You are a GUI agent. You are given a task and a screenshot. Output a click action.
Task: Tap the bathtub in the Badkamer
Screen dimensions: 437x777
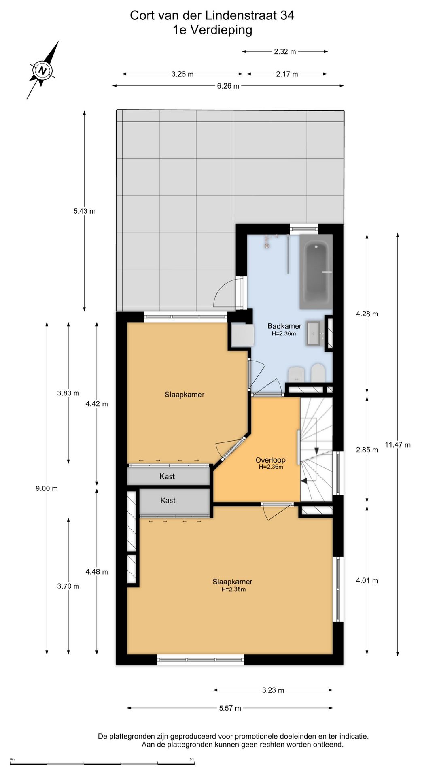316,272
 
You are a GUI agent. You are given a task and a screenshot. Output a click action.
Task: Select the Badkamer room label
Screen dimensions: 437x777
284,326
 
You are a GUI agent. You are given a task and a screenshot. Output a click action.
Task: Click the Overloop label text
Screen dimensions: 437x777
271,460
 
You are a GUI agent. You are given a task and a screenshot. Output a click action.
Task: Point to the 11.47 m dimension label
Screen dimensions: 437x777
398,445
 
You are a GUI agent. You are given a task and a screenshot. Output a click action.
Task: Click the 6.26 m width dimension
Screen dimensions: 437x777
228,86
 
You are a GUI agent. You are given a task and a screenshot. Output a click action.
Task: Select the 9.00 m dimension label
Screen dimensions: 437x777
47,488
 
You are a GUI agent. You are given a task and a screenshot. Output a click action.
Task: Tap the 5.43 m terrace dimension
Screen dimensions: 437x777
85,211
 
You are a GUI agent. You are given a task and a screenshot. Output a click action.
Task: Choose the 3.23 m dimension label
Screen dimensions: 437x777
273,690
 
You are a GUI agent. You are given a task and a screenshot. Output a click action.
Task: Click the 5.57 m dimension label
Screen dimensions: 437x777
230,708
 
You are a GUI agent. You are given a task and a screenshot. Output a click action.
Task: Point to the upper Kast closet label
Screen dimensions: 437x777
167,477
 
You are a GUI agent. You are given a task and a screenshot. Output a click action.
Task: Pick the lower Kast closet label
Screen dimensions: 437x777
168,501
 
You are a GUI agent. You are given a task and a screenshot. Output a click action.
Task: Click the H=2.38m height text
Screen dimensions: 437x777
233,589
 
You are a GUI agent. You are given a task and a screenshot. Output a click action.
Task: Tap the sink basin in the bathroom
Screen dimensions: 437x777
314,333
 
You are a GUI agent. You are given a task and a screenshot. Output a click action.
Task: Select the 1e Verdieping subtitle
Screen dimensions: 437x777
212,30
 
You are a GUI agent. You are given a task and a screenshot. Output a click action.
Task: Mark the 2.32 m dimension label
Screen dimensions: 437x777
285,51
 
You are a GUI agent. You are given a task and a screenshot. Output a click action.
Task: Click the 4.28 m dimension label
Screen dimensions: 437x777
367,314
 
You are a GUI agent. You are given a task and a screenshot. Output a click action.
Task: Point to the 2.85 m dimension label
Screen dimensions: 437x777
367,450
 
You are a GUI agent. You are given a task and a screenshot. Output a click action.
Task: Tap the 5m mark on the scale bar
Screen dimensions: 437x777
192,759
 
